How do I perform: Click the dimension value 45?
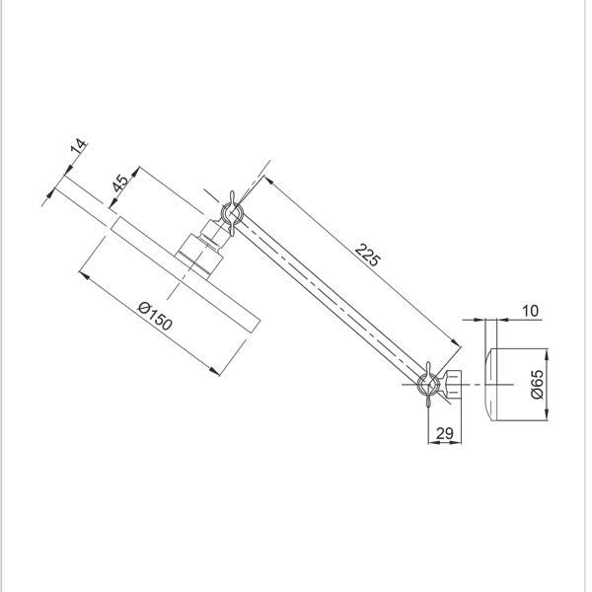pos(119,185)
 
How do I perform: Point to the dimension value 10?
pos(530,312)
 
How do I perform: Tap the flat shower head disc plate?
pos(185,274)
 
